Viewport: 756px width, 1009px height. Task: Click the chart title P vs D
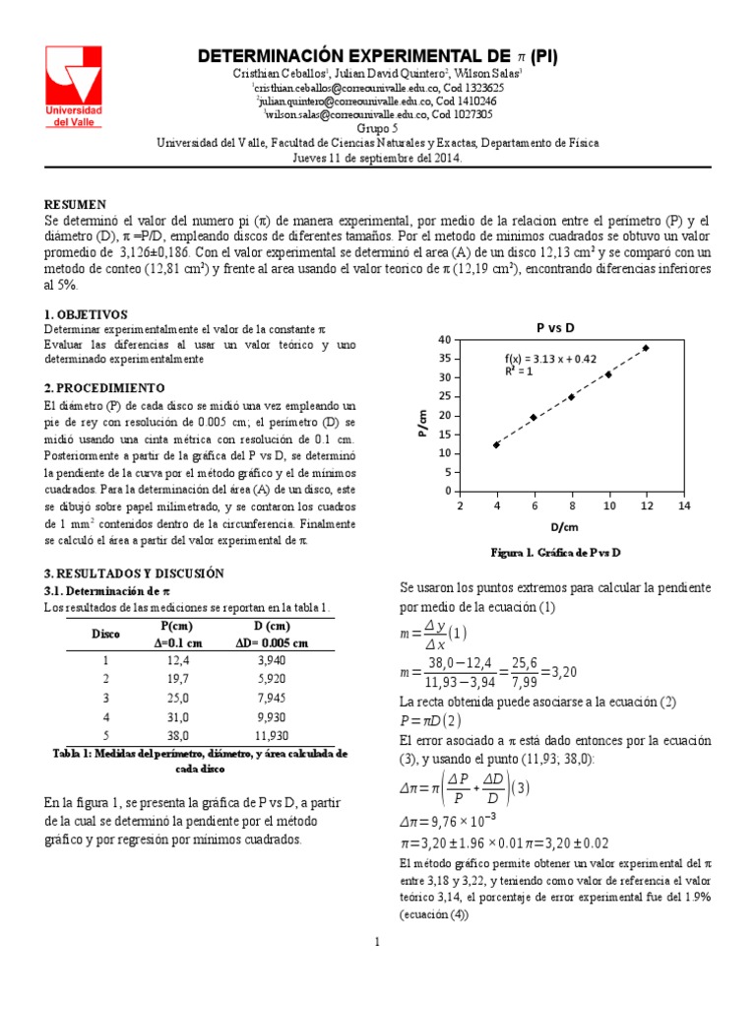coord(555,326)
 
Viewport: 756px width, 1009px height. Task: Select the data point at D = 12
coord(646,348)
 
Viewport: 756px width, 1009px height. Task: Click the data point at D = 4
coord(496,444)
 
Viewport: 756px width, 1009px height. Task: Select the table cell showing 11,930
coord(272,735)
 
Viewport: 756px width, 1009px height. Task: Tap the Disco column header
coord(105,635)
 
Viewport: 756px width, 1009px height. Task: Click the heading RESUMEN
coord(76,204)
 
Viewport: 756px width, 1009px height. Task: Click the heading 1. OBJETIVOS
coord(87,312)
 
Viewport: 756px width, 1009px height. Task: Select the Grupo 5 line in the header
coord(377,128)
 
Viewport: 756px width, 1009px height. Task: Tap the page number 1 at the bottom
coord(377,943)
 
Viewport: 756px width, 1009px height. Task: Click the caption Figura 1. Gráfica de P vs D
coord(555,553)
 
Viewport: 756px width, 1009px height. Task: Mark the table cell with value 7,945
coord(272,698)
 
